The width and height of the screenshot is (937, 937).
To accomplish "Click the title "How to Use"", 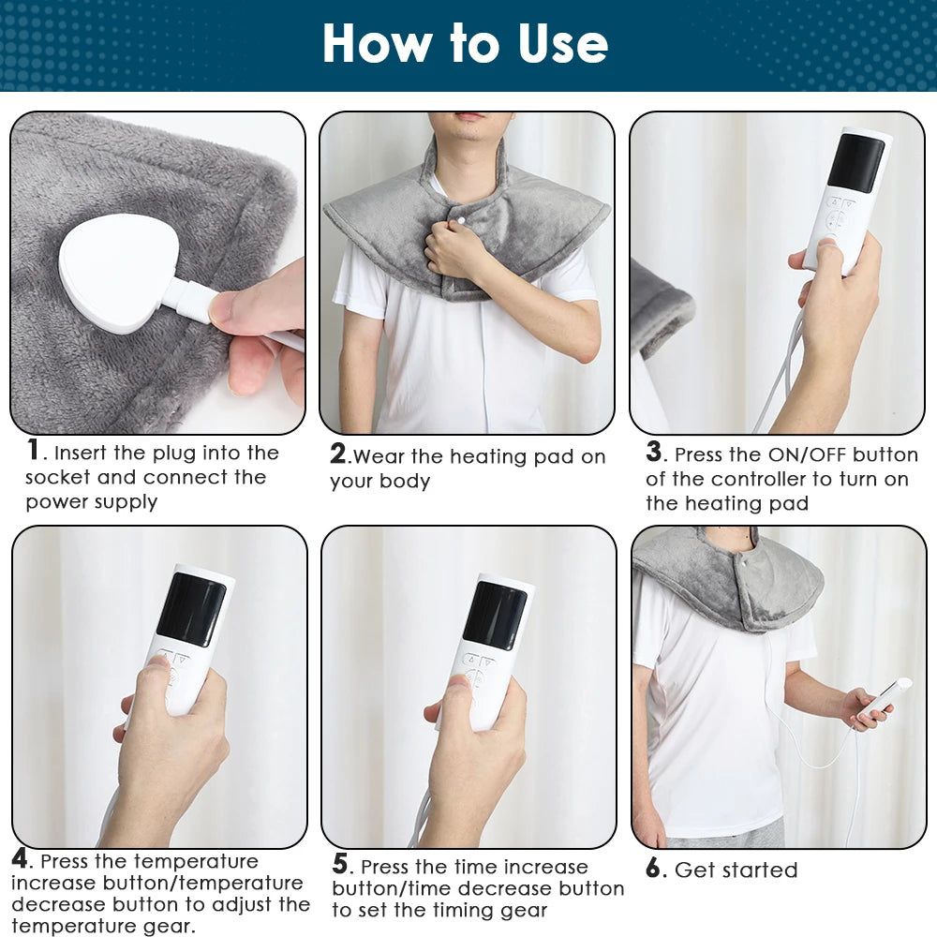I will click(466, 44).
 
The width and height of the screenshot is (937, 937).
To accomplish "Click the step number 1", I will click(34, 451).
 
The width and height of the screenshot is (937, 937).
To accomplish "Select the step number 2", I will click(338, 454).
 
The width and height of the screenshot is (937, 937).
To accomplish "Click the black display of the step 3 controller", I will click(855, 163).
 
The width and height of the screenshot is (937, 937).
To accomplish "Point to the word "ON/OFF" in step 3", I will click(806, 455).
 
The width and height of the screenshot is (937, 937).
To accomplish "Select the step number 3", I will click(654, 453).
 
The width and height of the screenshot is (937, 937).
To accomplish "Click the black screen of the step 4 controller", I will click(191, 609).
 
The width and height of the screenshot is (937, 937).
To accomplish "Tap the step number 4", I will click(21, 858).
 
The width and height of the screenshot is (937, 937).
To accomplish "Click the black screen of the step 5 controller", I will click(495, 615).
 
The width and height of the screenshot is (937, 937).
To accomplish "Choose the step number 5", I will click(341, 864).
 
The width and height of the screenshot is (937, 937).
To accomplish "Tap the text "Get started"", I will click(736, 870).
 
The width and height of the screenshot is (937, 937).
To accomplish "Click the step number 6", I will click(654, 869).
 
